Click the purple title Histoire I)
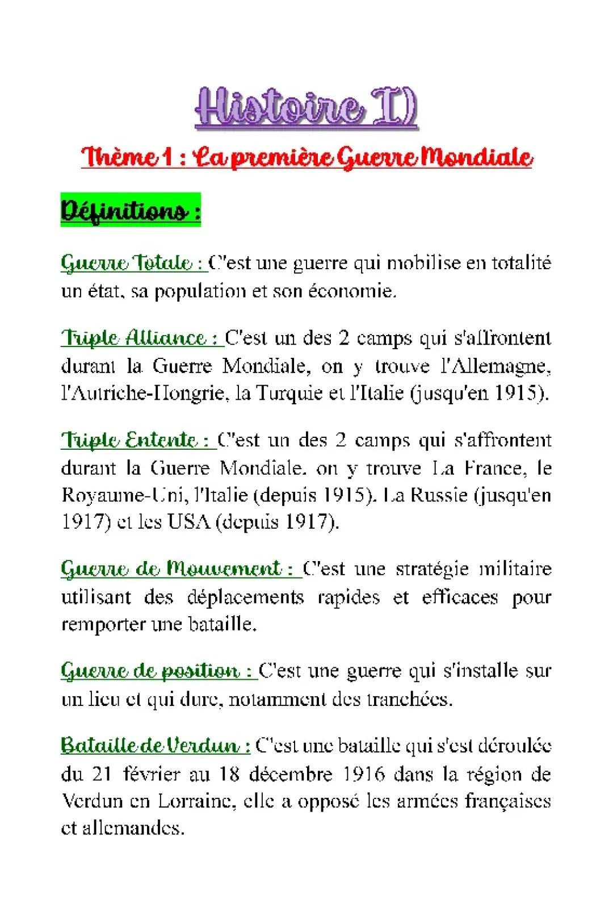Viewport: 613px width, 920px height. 306,108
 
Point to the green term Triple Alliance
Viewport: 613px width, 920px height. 141,338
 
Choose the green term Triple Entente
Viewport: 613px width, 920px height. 137,440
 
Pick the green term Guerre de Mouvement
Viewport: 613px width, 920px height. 179,568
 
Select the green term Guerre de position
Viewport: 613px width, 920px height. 158,671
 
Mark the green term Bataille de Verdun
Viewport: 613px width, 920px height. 155,745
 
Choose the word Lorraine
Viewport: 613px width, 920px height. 194,801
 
